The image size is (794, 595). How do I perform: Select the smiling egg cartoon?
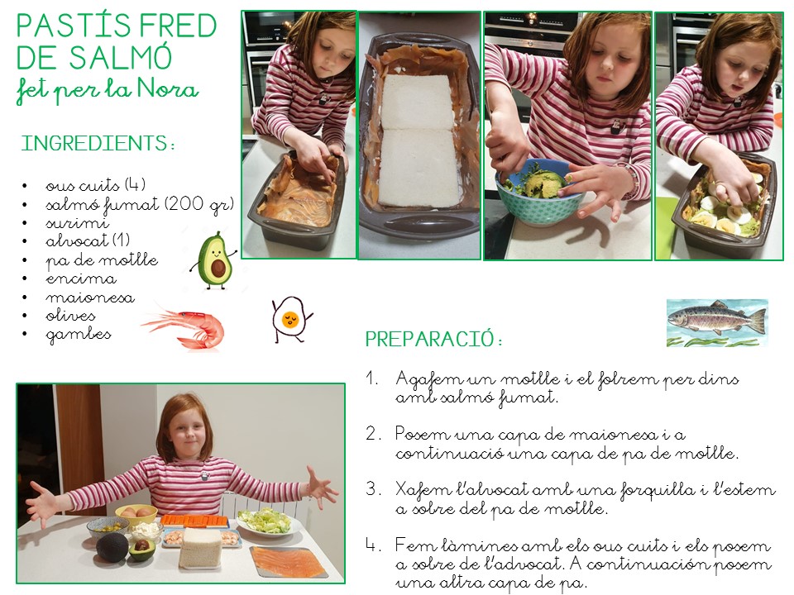pyautogui.click(x=290, y=319)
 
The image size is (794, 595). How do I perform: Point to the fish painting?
pyautogui.click(x=717, y=323)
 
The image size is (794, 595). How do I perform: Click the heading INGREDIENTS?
pyautogui.click(x=98, y=143)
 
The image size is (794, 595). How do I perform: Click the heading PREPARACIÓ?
pyautogui.click(x=434, y=339)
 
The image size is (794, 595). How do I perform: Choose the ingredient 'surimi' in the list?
pyautogui.click(x=77, y=223)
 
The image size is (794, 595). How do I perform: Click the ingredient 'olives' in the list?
pyautogui.click(x=70, y=316)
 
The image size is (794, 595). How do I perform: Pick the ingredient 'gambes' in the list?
pyautogui.click(x=79, y=335)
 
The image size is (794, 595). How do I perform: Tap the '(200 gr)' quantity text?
pyautogui.click(x=199, y=204)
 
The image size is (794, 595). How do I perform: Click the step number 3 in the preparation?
pyautogui.click(x=372, y=489)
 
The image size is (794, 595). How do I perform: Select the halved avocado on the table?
pyautogui.click(x=142, y=550)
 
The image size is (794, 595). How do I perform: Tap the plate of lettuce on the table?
pyautogui.click(x=264, y=522)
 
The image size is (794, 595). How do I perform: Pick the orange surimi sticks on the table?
pyautogui.click(x=195, y=521)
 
